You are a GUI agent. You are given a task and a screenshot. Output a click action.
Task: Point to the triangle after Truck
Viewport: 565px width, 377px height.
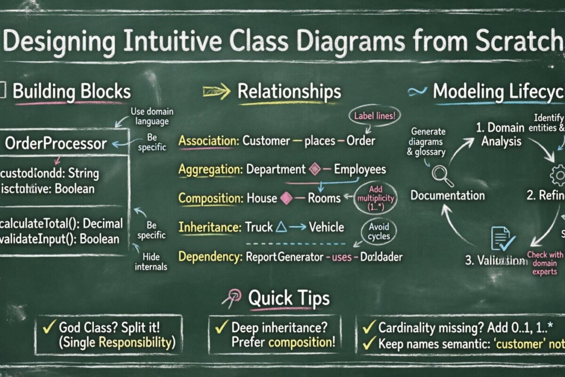click(x=281, y=227)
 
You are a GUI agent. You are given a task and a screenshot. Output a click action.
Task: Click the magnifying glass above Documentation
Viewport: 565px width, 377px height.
click(x=442, y=175)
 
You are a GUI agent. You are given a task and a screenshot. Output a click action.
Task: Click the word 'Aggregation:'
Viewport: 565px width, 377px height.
click(x=210, y=169)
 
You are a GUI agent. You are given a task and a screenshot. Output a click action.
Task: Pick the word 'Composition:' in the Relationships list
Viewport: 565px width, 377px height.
click(x=210, y=198)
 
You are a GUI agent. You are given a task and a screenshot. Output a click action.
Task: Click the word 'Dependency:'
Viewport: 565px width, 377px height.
click(x=209, y=257)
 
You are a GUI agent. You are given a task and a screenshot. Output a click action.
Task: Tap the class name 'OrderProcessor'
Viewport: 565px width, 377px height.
click(x=56, y=144)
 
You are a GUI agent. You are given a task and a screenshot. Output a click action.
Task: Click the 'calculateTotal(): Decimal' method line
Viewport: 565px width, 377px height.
click(x=61, y=223)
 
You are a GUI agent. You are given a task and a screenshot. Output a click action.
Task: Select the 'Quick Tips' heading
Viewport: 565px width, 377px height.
click(x=288, y=298)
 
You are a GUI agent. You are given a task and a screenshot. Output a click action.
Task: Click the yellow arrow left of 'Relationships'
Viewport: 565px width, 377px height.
click(x=216, y=92)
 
